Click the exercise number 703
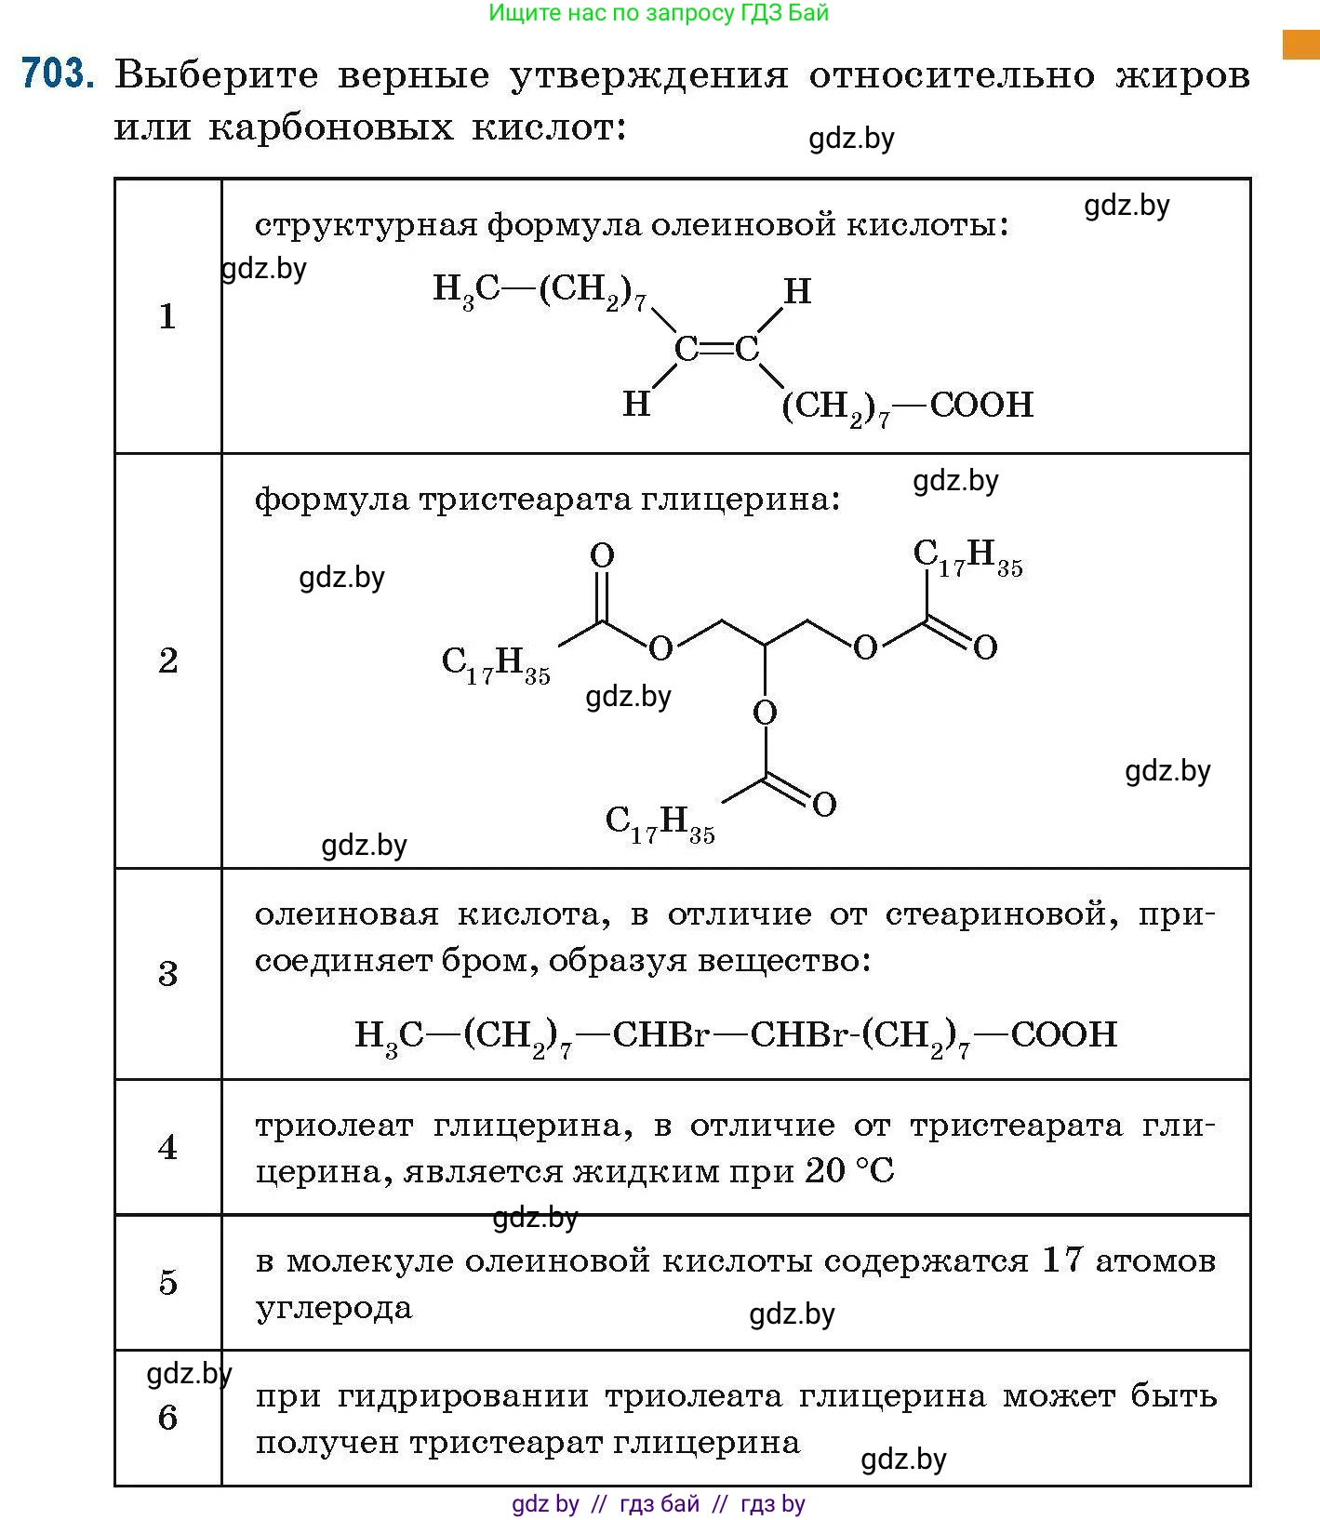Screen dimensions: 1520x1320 pyautogui.click(x=58, y=73)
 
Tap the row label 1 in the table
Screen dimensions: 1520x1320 pyautogui.click(x=167, y=316)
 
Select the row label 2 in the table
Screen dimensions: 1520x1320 pyautogui.click(x=167, y=660)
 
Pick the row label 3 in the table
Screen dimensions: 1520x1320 pyautogui.click(x=167, y=973)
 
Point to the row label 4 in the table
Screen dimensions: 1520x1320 pyautogui.click(x=167, y=1147)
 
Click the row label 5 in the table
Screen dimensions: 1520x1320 pyautogui.click(x=167, y=1282)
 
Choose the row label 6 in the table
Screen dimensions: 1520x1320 pyautogui.click(x=167, y=1417)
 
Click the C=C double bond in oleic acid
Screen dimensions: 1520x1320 pyautogui.click(x=716, y=350)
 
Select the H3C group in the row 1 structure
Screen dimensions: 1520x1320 pyautogui.click(x=466, y=289)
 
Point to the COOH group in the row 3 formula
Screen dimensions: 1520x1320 pyautogui.click(x=1063, y=1033)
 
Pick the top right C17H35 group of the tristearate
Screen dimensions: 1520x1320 pyautogui.click(x=967, y=557)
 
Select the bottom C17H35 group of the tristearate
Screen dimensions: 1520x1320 pyautogui.click(x=660, y=823)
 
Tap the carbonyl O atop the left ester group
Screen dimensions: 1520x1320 pyautogui.click(x=602, y=555)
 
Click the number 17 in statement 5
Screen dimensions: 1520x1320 pyautogui.click(x=1062, y=1260)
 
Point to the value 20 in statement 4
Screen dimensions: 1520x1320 pyautogui.click(x=825, y=1170)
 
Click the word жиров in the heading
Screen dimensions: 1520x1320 pyautogui.click(x=1182, y=74)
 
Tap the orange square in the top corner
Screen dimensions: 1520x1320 pyautogui.click(x=1300, y=45)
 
